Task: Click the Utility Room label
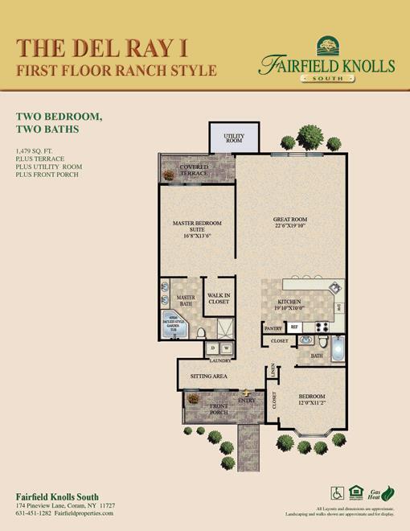tap(234, 138)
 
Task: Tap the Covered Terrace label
tap(194, 171)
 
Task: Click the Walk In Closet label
tap(218, 298)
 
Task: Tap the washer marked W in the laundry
tap(226, 348)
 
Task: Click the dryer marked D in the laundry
tap(213, 348)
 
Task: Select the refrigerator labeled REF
tap(294, 327)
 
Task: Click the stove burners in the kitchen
tap(321, 327)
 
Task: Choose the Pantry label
tap(273, 328)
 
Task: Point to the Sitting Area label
tap(208, 376)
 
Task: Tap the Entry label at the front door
tap(247, 400)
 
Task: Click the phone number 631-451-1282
tap(37, 512)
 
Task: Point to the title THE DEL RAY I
tap(96, 47)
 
